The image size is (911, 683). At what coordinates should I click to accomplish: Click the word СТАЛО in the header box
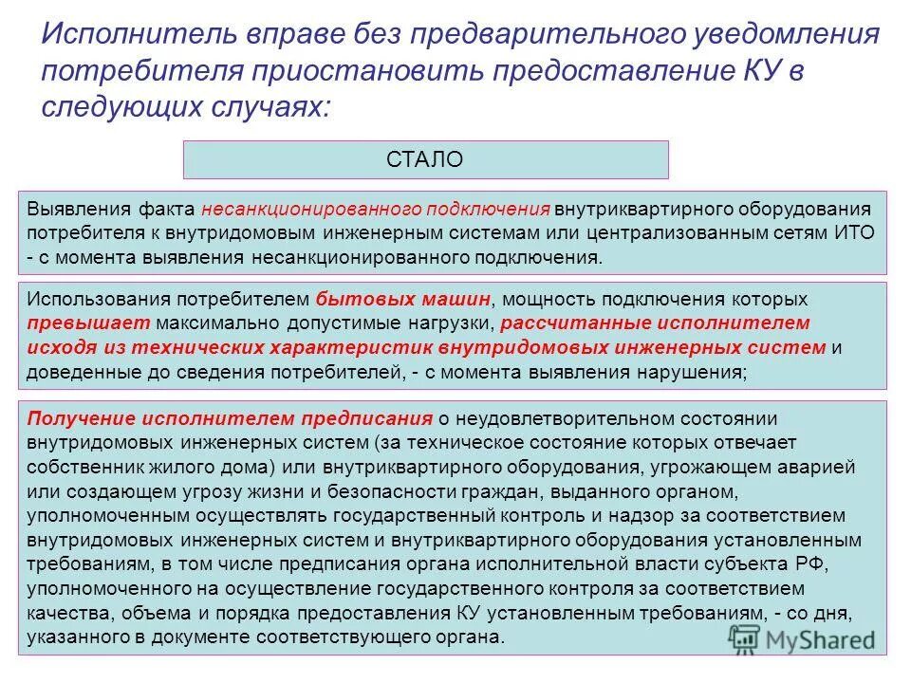point(425,159)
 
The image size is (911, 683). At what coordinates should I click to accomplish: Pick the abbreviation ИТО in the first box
point(855,232)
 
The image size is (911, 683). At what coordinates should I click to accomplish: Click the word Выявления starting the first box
point(69,208)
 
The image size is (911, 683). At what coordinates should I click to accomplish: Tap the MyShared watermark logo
point(802,639)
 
